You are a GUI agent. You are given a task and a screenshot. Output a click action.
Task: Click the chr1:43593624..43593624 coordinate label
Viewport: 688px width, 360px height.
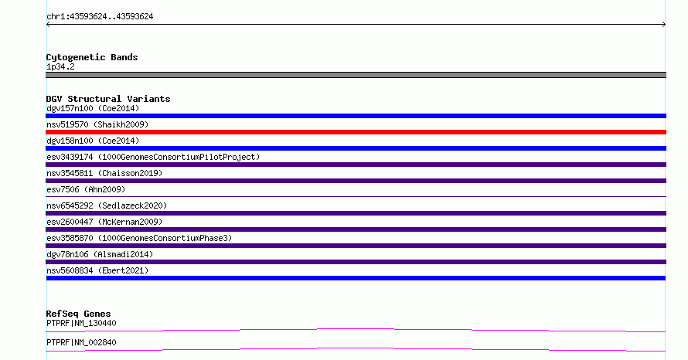click(100, 17)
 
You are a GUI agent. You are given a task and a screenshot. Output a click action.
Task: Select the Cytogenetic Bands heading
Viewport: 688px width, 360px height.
click(92, 57)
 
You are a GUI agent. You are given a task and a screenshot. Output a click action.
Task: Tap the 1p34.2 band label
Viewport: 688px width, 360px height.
click(60, 66)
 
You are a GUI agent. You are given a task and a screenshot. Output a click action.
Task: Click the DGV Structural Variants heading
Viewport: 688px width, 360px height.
click(108, 99)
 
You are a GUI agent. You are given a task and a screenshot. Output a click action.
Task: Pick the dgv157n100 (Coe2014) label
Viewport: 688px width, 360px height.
click(93, 108)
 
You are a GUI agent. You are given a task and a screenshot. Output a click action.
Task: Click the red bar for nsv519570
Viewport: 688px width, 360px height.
click(356, 132)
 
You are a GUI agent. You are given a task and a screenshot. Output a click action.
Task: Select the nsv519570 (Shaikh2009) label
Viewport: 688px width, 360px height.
click(97, 124)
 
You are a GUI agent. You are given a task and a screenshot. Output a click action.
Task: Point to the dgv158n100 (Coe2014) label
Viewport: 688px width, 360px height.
click(93, 141)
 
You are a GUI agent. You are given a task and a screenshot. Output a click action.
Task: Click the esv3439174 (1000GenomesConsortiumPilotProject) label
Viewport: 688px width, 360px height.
click(153, 157)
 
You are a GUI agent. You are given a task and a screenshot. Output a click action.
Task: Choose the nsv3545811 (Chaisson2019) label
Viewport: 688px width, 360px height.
click(104, 173)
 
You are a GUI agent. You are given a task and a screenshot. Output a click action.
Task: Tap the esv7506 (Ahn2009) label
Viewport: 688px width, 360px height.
click(86, 189)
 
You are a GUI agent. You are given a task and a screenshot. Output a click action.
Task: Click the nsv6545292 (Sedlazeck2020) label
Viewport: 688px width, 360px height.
click(107, 205)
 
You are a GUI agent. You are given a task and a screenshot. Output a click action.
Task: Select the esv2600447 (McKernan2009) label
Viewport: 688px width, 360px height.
click(104, 222)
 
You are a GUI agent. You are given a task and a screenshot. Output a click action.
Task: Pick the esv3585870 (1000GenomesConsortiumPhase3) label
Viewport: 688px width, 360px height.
click(139, 238)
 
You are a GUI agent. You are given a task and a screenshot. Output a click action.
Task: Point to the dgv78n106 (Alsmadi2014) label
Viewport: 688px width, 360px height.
click(100, 254)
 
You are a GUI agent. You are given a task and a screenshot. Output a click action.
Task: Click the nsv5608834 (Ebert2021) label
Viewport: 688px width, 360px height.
click(97, 270)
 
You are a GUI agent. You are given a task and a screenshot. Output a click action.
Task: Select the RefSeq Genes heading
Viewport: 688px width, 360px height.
click(78, 314)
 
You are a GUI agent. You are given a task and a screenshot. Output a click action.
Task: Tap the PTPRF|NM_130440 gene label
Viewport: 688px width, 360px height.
click(81, 323)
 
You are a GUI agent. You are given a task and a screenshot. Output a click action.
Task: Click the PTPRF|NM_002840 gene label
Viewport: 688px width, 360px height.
click(81, 342)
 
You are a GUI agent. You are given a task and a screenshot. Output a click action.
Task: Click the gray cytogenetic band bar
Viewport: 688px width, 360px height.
click(356, 75)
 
